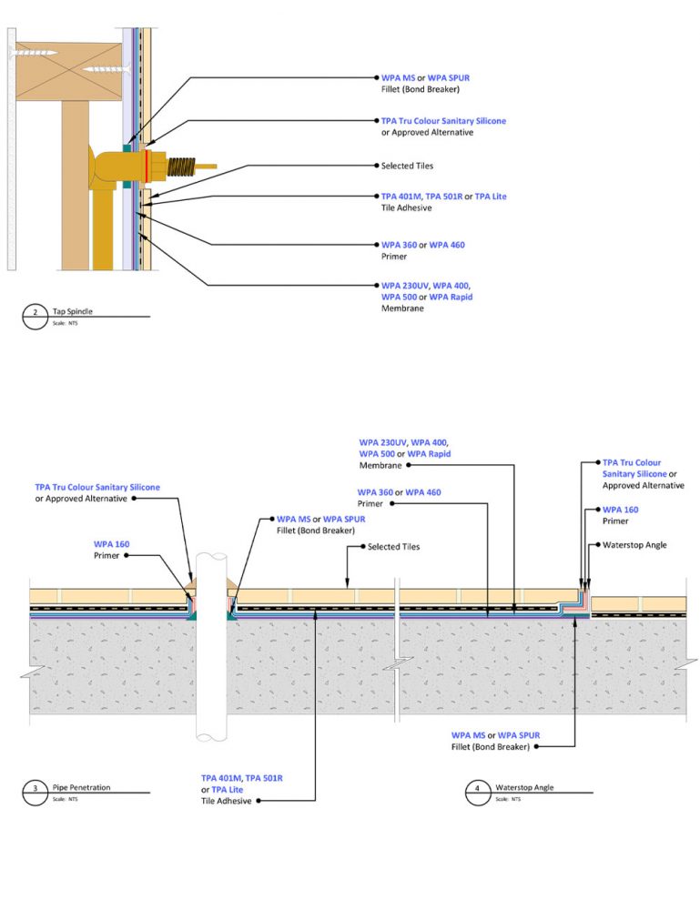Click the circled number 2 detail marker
click(x=35, y=316)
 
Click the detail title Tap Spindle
click(x=74, y=311)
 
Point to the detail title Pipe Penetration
click(x=81, y=786)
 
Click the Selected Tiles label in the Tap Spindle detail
click(x=407, y=167)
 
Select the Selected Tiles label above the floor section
click(x=393, y=547)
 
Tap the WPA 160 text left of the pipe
click(x=111, y=544)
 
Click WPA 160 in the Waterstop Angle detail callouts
click(x=620, y=510)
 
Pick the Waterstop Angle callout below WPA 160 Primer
click(x=634, y=545)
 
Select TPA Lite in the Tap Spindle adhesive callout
click(x=491, y=197)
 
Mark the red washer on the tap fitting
click(x=147, y=167)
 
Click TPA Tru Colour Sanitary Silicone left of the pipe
click(x=97, y=487)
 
